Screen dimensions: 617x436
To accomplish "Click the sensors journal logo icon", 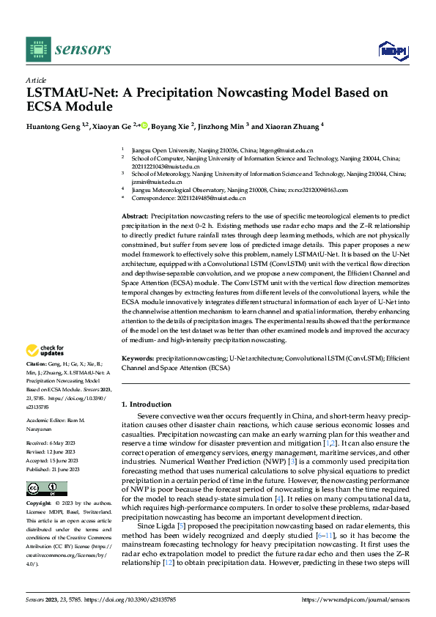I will tap(37, 48).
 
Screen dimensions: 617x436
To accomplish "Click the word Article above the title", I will tap(36, 80).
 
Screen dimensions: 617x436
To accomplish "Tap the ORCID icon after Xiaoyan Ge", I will tap(145, 126).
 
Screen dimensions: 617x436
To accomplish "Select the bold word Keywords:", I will tap(138, 359).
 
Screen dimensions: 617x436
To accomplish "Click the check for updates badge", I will tap(46, 350).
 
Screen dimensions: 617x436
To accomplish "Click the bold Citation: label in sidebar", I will tap(37, 364).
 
